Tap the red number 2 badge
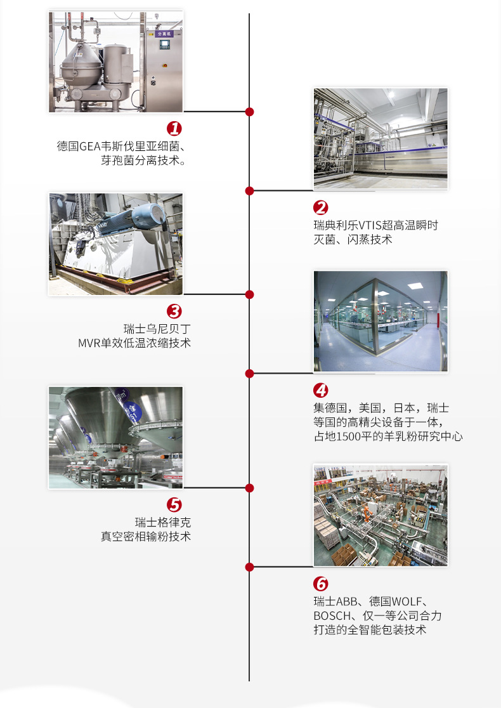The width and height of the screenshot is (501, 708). pos(321,207)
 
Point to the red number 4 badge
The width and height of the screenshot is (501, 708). pos(321,390)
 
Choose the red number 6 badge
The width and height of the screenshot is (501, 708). pos(321,584)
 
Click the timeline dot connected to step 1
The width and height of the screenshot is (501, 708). pos(249,111)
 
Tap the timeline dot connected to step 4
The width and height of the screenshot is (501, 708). pos(249,373)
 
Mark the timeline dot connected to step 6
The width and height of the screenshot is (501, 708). pos(249,567)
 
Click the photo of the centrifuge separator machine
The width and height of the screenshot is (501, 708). pos(115,62)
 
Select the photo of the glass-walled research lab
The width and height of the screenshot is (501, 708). pos(381,321)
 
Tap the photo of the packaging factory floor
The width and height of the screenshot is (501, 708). pos(381,515)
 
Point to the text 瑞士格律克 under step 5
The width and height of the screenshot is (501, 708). pos(163,522)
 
